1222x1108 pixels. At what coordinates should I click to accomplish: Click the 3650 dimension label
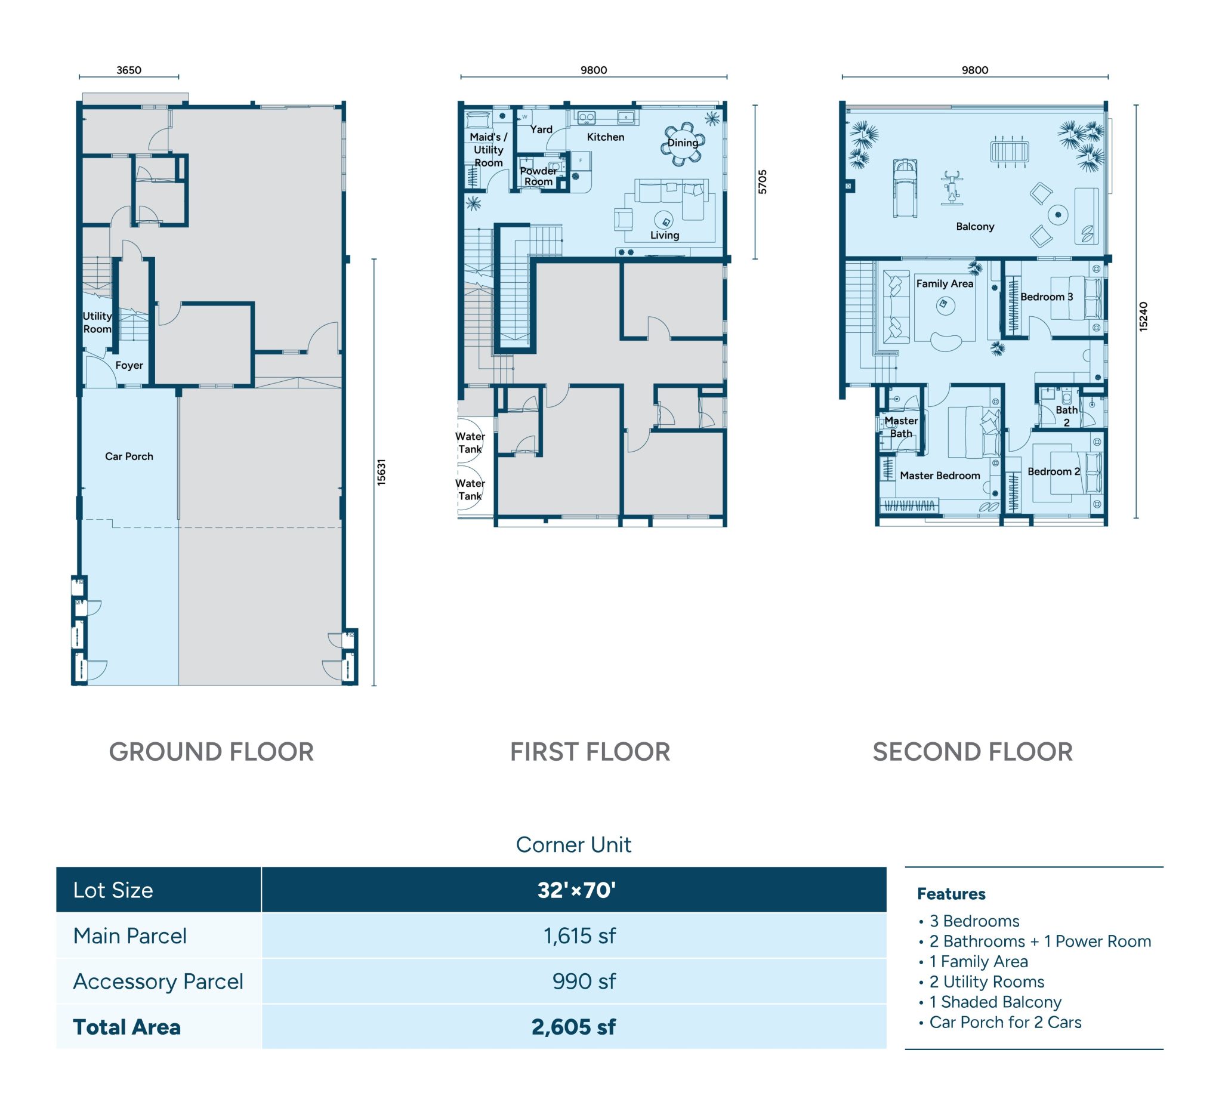(x=128, y=70)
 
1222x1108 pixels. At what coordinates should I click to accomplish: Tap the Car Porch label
(x=128, y=456)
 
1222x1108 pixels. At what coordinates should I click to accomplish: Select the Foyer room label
(x=128, y=366)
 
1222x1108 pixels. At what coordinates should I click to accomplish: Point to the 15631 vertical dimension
(x=381, y=472)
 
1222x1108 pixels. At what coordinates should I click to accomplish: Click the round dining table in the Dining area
(x=683, y=144)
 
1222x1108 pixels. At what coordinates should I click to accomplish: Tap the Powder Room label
(x=538, y=176)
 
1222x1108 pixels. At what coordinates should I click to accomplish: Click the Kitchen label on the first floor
(x=605, y=137)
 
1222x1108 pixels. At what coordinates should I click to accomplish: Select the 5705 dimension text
(x=763, y=182)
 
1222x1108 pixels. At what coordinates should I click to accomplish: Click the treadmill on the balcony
(x=905, y=187)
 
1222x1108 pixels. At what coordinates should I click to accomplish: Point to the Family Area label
(x=944, y=283)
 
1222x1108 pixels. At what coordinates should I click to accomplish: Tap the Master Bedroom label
(x=940, y=476)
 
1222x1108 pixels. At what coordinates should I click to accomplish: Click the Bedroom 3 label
(x=1046, y=297)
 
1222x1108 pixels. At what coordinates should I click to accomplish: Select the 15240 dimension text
(x=1143, y=316)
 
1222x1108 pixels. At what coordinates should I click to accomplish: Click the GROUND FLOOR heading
(x=211, y=752)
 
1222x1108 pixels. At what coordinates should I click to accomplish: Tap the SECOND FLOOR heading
(x=972, y=752)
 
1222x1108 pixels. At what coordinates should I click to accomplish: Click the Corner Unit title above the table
(x=573, y=844)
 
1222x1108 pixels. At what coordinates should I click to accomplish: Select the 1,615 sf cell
(x=579, y=936)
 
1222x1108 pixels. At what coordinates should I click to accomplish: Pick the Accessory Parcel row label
(x=158, y=982)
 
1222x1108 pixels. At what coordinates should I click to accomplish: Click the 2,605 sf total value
(x=573, y=1027)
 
